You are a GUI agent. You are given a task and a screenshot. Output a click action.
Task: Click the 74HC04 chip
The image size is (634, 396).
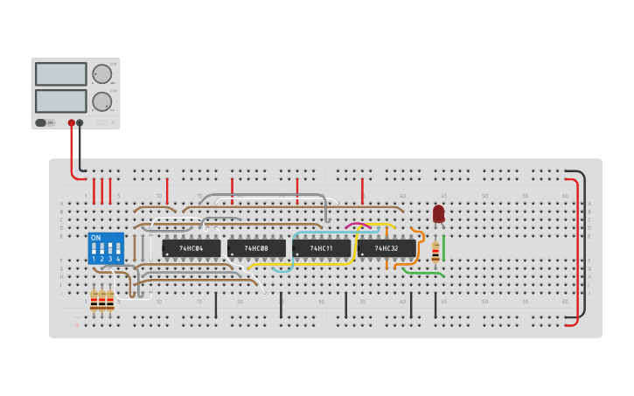(192, 248)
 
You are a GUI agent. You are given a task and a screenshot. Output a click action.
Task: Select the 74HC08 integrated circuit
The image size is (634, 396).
(256, 248)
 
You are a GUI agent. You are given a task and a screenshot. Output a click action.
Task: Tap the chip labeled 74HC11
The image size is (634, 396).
(321, 248)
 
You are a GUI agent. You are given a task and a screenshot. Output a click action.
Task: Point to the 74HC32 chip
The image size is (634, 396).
(387, 248)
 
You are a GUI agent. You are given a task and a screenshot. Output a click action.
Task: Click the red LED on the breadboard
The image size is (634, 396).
(438, 213)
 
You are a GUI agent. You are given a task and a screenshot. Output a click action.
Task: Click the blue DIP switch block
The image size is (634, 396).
(106, 248)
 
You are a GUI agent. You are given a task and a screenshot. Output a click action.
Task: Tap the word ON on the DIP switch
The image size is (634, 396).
(95, 238)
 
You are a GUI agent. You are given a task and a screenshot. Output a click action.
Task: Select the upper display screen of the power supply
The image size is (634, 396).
(61, 74)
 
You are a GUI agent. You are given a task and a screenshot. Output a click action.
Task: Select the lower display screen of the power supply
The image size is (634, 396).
(61, 101)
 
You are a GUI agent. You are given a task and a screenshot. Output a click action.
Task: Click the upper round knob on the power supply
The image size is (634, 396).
(102, 74)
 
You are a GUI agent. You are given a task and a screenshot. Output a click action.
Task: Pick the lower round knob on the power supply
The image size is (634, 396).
(102, 101)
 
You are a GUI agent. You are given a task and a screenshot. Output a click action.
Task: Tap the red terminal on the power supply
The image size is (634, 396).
(72, 123)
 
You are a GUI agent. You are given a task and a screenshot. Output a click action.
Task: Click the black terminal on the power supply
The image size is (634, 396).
(80, 123)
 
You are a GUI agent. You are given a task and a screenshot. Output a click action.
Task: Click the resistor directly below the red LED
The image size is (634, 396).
(435, 253)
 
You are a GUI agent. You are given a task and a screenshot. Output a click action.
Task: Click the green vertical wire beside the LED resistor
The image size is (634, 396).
(443, 247)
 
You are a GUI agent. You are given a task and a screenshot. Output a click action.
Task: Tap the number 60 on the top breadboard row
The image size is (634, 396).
(565, 196)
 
